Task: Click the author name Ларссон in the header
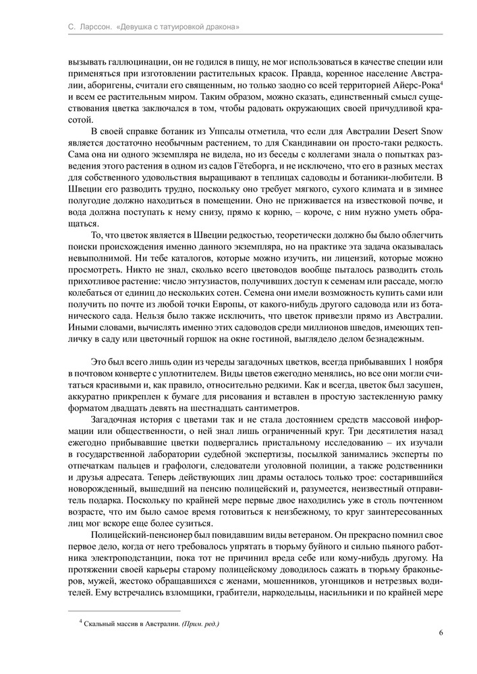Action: tap(89, 27)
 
